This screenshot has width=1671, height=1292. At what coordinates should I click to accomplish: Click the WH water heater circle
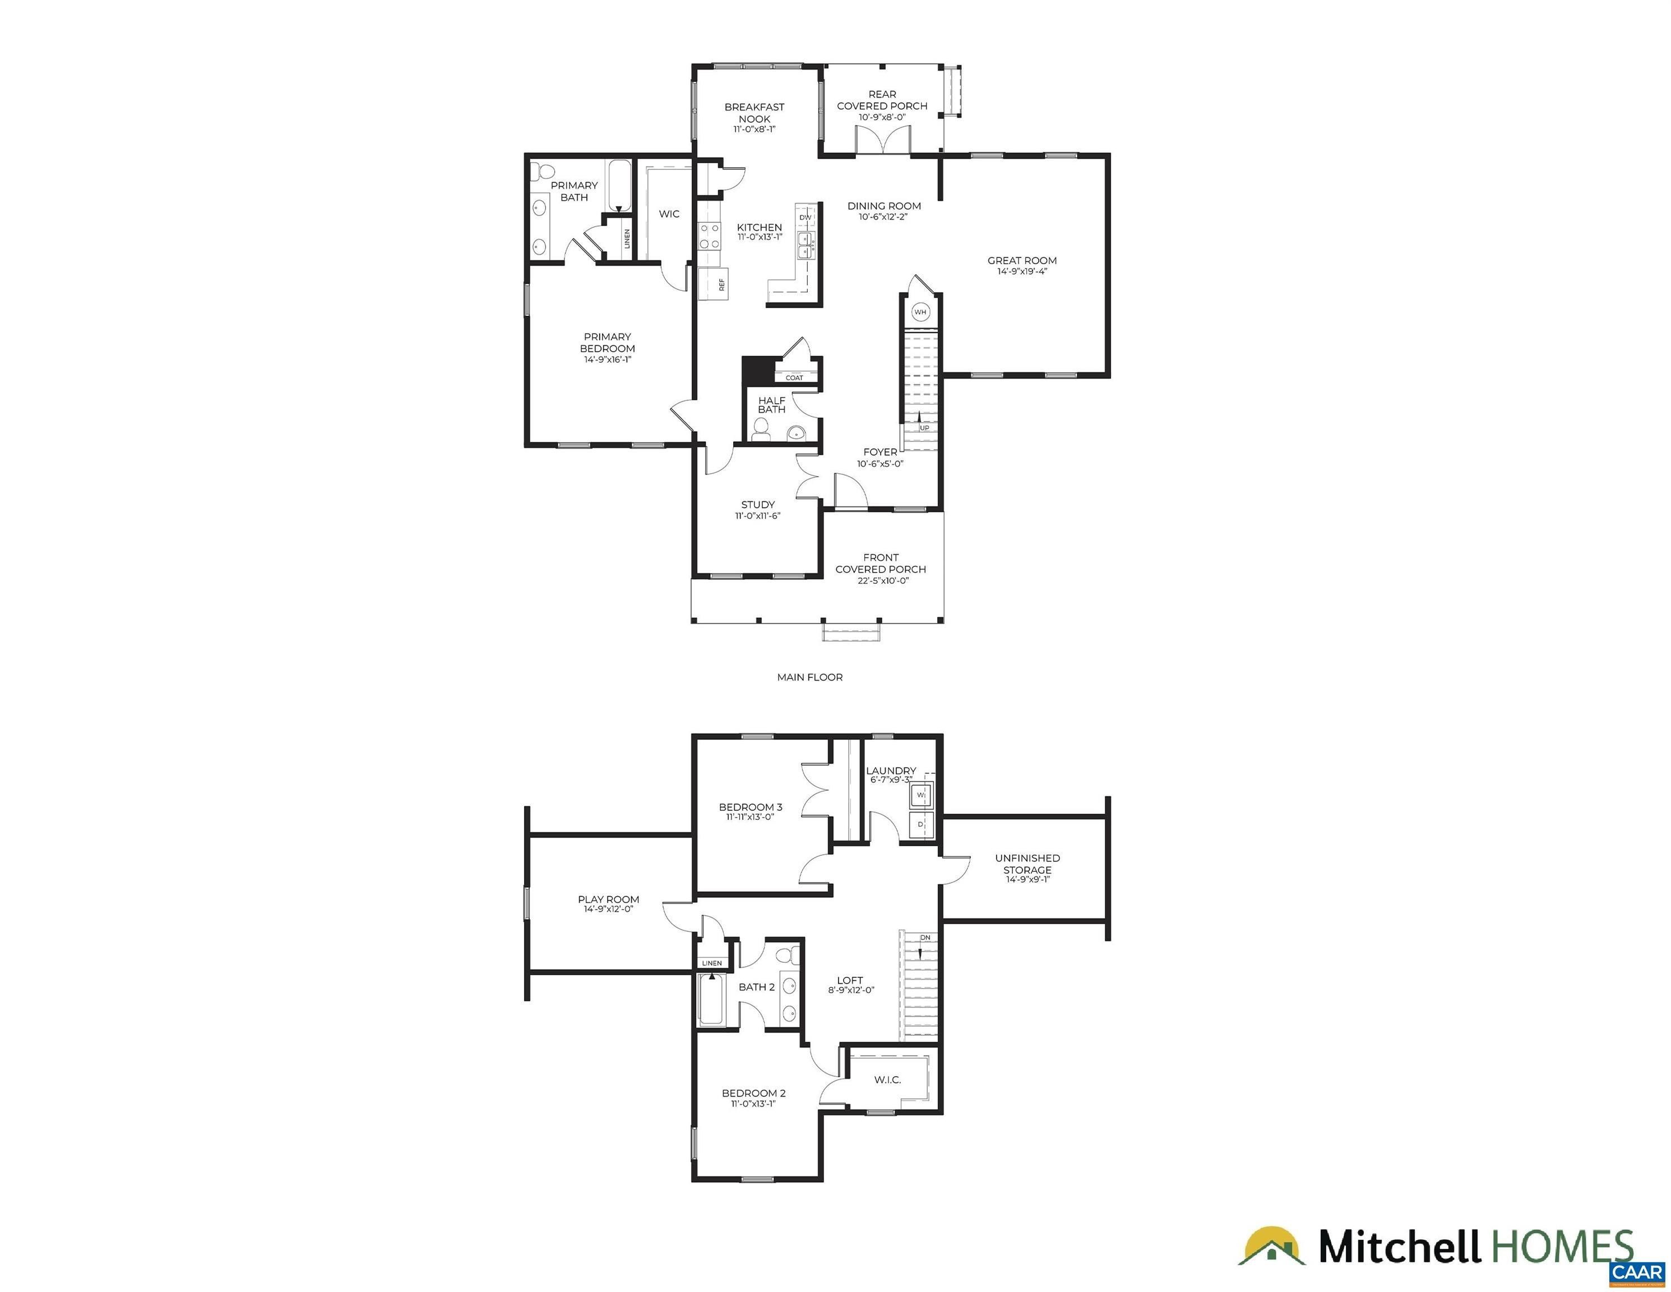pos(920,312)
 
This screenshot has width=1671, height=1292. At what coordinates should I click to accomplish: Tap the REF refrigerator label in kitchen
pos(721,284)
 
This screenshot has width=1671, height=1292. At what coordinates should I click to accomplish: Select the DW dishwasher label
pos(805,218)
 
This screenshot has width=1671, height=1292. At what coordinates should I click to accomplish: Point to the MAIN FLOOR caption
pos(809,677)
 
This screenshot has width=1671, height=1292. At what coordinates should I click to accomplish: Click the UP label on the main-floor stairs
pos(924,428)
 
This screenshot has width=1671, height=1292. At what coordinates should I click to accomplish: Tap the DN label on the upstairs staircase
pos(925,938)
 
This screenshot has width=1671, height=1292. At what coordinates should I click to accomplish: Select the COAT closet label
pos(794,377)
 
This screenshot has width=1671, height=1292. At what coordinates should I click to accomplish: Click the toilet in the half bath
pos(761,434)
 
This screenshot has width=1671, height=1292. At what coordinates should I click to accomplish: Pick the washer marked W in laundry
pos(921,795)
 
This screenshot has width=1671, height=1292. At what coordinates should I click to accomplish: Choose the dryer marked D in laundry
pos(921,825)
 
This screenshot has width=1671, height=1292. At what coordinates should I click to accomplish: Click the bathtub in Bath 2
pos(711,1000)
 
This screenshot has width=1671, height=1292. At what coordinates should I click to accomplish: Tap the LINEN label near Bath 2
pos(711,963)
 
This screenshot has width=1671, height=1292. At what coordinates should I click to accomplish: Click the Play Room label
pos(608,899)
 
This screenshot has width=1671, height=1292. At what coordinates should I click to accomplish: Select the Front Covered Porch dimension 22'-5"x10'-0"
pos(880,580)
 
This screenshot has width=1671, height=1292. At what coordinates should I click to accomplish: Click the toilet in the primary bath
pos(544,170)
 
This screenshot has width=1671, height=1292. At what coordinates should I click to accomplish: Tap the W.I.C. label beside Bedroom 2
pos(887,1079)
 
